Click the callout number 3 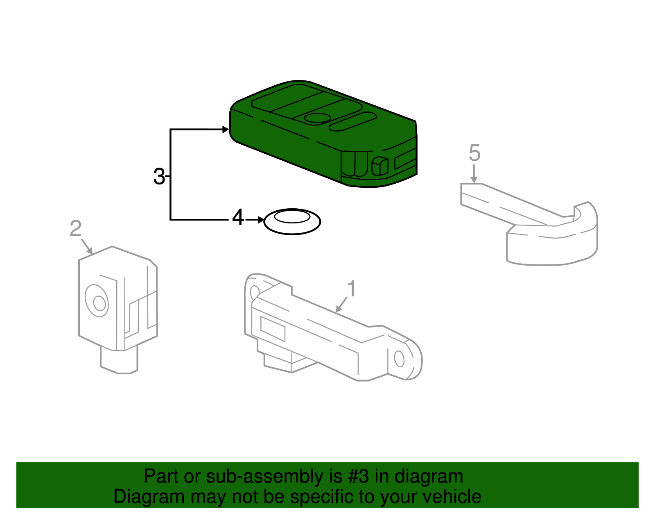[x=159, y=176]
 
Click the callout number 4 [x=238, y=217]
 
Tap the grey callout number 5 [x=474, y=153]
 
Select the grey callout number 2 [x=76, y=228]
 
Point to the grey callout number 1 [x=352, y=289]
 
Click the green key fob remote [x=323, y=134]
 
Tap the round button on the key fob [x=317, y=118]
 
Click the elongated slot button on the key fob [x=352, y=121]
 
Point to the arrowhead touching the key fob [x=226, y=130]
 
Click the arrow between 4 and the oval [x=255, y=220]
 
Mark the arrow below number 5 [x=474, y=174]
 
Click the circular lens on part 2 [x=97, y=301]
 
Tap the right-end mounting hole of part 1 [x=399, y=359]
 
